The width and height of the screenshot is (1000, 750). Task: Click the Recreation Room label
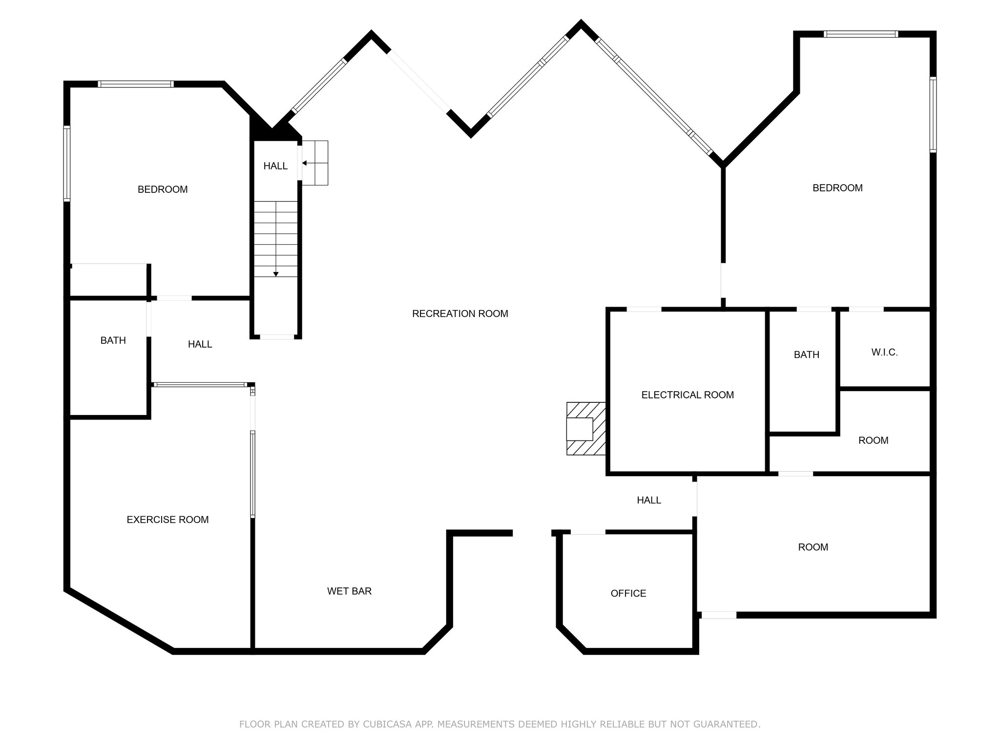pos(460,314)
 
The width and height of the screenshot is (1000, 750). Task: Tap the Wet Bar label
pos(349,591)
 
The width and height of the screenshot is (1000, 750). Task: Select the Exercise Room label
pos(167,520)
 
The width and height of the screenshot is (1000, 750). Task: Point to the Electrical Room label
pos(687,395)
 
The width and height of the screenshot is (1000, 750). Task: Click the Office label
pos(628,593)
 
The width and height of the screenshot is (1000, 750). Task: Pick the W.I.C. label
pos(884,353)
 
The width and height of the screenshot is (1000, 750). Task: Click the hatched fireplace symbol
pos(586,429)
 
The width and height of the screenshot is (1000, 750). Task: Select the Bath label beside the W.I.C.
pos(807,355)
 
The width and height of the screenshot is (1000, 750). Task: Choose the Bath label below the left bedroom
pos(113,341)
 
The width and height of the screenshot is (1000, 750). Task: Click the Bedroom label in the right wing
pos(837,188)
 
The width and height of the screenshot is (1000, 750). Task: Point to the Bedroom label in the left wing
pos(163,189)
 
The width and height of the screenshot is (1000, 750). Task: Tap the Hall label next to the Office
pos(649,500)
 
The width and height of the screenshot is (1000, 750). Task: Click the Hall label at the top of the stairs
pos(275,166)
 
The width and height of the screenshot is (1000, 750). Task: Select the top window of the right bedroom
pos(861,34)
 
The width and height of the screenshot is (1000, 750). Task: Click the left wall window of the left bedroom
pos(67,164)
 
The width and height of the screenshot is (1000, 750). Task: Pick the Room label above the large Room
pos(873,440)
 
